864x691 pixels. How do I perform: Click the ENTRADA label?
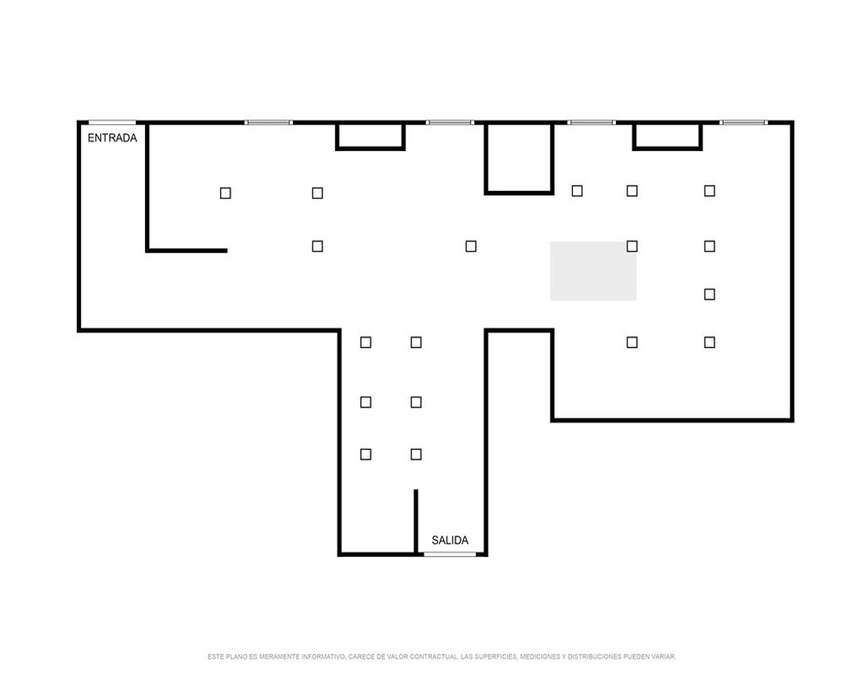(112, 137)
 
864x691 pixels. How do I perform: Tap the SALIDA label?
(449, 540)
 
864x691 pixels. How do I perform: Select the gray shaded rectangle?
(593, 271)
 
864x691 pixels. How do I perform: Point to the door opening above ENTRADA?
(112, 123)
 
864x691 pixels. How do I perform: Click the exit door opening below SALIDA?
(449, 554)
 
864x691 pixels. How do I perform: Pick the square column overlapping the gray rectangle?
(632, 246)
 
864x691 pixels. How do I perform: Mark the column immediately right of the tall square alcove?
(577, 191)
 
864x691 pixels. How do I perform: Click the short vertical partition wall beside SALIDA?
(416, 522)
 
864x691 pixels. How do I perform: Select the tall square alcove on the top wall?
(519, 159)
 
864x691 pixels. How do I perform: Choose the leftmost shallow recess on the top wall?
(371, 136)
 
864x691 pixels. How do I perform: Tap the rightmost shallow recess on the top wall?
(667, 136)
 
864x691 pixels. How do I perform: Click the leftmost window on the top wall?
(269, 123)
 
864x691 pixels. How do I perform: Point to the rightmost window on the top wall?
(744, 123)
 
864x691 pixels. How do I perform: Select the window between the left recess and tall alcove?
(449, 123)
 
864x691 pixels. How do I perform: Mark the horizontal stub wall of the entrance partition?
(187, 250)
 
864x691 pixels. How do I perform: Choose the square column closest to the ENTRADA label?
(226, 193)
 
